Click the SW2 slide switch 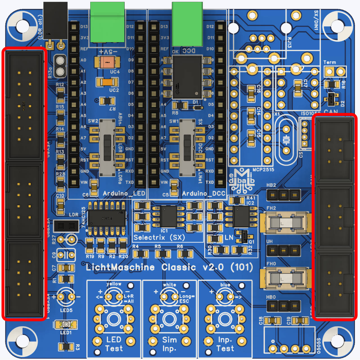coord(107,148)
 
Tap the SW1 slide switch coord(187,148)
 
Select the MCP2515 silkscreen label coord(263,170)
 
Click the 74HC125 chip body coord(107,218)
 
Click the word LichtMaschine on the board coord(120,267)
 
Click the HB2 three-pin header coord(283,195)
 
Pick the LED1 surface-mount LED coord(66,325)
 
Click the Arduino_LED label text coord(124,193)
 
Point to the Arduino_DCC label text coord(204,193)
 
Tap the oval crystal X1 coord(286,140)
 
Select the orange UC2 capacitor coord(107,82)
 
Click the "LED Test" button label coord(114,344)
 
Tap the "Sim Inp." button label coord(169,344)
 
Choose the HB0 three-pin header coord(283,306)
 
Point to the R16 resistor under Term coord(332,84)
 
